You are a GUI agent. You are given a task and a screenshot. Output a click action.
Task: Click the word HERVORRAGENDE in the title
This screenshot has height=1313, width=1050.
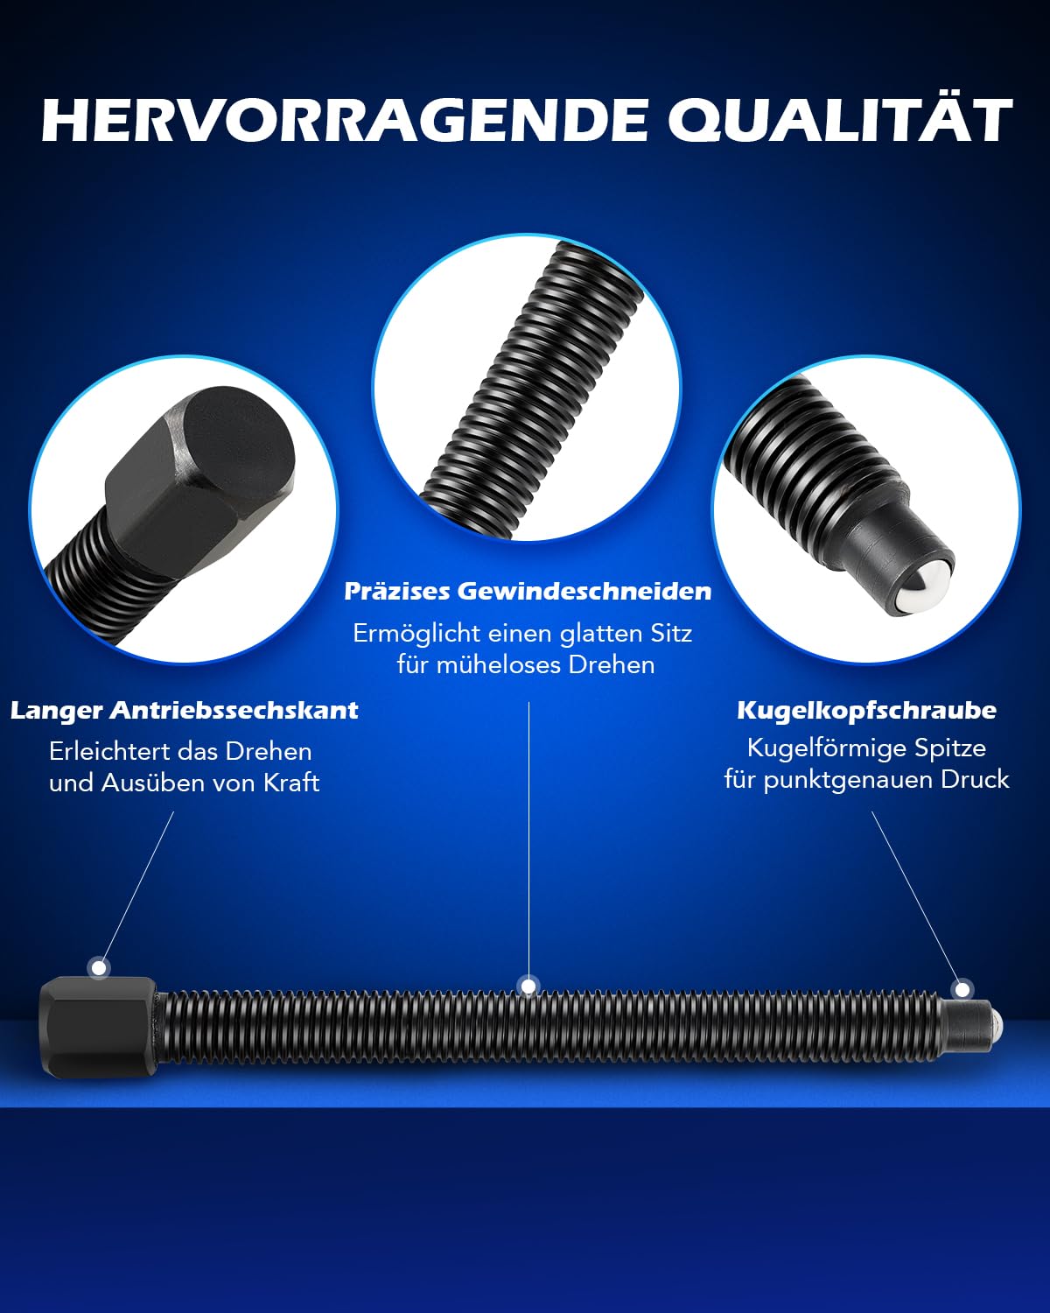[345, 120]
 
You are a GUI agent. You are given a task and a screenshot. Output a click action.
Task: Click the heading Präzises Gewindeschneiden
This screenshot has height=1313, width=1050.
[528, 592]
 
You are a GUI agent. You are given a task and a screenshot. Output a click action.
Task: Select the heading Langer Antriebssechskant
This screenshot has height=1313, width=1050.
[185, 711]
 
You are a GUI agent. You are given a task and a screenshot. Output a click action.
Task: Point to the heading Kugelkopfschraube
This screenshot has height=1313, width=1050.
[866, 711]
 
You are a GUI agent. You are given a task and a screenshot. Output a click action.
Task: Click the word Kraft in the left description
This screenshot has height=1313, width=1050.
[291, 783]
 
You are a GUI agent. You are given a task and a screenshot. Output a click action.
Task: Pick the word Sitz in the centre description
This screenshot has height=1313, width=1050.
[671, 634]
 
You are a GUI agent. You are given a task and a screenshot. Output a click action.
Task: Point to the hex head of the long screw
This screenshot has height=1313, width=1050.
[98, 1026]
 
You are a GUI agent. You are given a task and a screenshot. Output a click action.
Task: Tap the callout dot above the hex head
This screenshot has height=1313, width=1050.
[99, 967]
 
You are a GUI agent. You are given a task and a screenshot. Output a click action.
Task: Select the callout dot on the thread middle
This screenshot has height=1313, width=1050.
[528, 986]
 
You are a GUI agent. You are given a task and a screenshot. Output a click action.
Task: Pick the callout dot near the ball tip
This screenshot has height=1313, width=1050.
[962, 989]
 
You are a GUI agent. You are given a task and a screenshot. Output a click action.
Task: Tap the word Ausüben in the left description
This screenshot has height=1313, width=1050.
[157, 783]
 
